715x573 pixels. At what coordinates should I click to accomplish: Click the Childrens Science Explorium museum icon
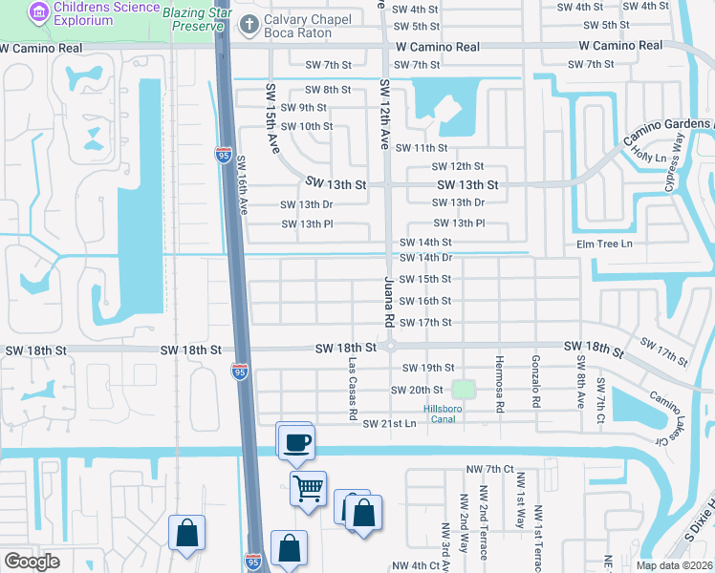[38, 11]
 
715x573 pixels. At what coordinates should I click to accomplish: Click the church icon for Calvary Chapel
[249, 22]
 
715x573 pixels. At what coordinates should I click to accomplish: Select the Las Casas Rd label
[352, 390]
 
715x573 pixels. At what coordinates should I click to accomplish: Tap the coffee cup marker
[296, 441]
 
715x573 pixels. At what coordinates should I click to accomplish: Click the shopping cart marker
[309, 489]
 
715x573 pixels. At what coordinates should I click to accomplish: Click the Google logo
[32, 562]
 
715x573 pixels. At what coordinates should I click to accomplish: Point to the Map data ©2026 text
[675, 564]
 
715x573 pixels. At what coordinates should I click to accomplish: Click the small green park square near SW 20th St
[463, 390]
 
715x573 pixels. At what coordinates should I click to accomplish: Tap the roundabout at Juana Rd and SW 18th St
[390, 347]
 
